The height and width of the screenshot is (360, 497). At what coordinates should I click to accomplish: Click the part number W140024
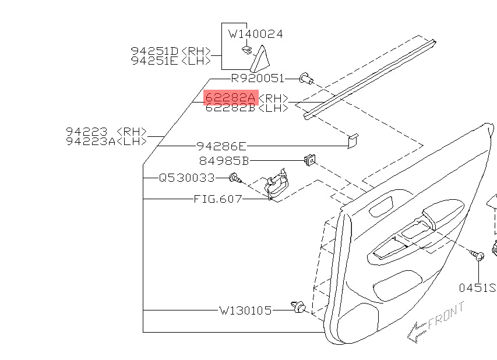pyautogui.click(x=255, y=34)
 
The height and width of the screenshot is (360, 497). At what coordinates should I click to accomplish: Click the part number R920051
pyautogui.click(x=257, y=78)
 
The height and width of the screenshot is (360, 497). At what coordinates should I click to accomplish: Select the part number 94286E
pyautogui.click(x=221, y=146)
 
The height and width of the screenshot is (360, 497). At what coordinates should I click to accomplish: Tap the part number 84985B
pyautogui.click(x=224, y=160)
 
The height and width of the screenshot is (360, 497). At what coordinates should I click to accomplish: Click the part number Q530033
pyautogui.click(x=187, y=178)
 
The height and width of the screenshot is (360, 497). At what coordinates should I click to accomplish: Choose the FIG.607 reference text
pyautogui.click(x=218, y=199)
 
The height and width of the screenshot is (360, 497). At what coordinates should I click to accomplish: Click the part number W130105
pyautogui.click(x=245, y=310)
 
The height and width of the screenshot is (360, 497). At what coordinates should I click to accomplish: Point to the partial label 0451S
pyautogui.click(x=476, y=288)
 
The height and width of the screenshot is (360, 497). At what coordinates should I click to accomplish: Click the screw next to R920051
pyautogui.click(x=305, y=78)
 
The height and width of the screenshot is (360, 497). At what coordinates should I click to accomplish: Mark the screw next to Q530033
pyautogui.click(x=234, y=177)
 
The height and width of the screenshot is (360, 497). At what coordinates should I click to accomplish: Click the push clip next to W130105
pyautogui.click(x=299, y=306)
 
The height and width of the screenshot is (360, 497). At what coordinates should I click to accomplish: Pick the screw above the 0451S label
pyautogui.click(x=478, y=255)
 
